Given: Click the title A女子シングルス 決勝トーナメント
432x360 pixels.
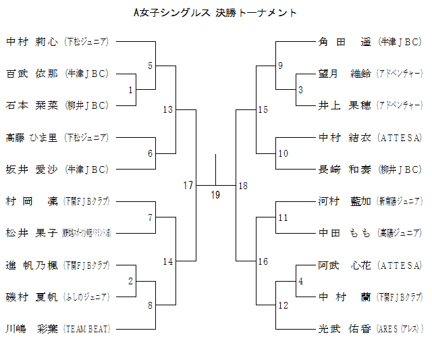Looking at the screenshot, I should click(215, 13).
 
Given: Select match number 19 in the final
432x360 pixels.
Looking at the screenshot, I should click(215, 195).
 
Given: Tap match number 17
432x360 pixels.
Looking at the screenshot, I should click(188, 184).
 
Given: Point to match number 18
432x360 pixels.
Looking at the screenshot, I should click(243, 185).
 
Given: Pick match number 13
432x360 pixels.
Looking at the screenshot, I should click(168, 110).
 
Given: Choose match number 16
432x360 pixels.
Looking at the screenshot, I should click(263, 261).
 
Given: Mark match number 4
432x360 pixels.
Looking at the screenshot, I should click(300, 280).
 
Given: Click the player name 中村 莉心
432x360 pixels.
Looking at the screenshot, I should click(31, 42).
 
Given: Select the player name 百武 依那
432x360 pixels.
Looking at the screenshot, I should click(31, 74).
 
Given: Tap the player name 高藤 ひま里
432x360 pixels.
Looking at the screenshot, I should click(31, 138).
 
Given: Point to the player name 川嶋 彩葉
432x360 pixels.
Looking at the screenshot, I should click(31, 328).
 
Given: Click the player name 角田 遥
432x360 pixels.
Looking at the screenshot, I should click(344, 42).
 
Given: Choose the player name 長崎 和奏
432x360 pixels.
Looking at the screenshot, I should click(344, 170).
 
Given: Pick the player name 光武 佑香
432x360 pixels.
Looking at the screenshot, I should click(344, 328).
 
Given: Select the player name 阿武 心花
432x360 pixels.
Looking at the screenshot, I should click(344, 265).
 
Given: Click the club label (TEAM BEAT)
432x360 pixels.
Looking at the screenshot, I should click(86, 329).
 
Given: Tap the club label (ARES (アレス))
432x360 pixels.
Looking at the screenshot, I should click(400, 329).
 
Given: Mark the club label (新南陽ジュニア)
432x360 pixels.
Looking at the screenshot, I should click(400, 201).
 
